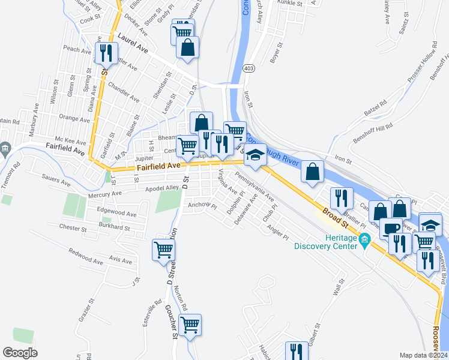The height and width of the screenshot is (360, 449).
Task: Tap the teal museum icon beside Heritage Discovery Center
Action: [364, 241]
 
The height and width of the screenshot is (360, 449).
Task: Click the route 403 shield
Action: [248, 70]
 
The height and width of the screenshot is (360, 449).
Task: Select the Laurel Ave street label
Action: [133, 40]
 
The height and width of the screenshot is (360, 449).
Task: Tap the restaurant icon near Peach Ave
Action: [106, 52]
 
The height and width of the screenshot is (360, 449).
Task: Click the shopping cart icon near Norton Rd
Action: [190, 325]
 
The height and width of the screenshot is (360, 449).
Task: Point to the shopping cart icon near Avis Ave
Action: [163, 250]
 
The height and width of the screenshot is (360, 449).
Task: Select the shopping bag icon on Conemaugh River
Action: [312, 172]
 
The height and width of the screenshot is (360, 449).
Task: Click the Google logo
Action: [20, 353]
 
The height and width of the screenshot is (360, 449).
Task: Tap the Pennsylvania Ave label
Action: [255, 187]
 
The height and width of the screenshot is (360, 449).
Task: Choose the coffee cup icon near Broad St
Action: [391, 228]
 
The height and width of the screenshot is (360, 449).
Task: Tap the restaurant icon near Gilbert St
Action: [296, 352]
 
